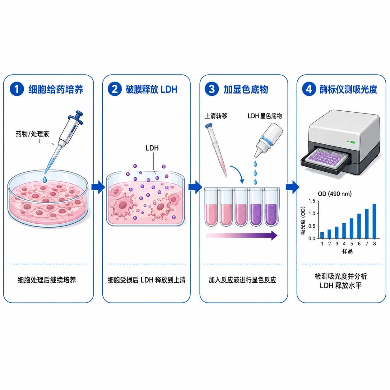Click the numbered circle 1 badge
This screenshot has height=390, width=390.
click(16, 89)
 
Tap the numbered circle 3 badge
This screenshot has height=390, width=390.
click(212, 89)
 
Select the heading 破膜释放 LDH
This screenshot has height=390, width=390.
click(151, 89)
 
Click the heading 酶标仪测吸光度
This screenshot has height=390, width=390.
click(348, 89)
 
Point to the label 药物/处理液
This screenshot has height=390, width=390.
click(32, 134)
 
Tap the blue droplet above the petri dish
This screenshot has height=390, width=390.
click(45, 179)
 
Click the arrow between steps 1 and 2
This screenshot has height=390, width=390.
click(98, 187)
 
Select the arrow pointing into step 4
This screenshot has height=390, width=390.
click(292, 187)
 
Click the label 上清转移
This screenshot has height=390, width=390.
click(216, 116)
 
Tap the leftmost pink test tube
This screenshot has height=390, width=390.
click(211, 207)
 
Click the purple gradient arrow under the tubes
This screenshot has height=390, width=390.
click(242, 235)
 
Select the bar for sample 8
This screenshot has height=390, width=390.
click(374, 221)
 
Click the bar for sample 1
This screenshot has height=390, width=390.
click(322, 235)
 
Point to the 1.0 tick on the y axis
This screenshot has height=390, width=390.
click(312, 213)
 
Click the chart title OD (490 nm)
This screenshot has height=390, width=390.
click(335, 194)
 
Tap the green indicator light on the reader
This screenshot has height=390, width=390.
click(352, 142)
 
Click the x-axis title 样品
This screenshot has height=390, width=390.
click(347, 251)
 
